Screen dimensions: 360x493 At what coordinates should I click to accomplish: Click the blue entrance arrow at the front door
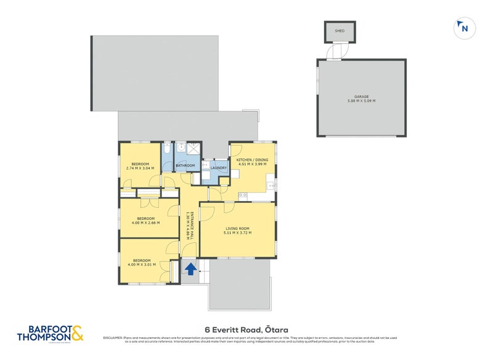pos(191,269)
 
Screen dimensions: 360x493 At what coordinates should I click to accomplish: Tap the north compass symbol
pos(464,27)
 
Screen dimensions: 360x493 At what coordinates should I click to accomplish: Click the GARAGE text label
pos(361,96)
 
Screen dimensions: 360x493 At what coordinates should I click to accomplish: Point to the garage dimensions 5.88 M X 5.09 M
pos(361,101)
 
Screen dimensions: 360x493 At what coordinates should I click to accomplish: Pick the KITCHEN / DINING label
pos(252,160)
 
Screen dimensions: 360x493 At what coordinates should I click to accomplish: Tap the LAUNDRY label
pos(219,168)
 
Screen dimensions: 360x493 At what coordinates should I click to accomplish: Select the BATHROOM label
pos(185,165)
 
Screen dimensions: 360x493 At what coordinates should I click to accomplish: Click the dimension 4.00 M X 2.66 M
pos(145,223)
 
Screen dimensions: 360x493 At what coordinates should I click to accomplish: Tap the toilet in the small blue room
pos(168,150)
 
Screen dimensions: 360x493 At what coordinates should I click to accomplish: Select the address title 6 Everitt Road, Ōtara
pos(246,330)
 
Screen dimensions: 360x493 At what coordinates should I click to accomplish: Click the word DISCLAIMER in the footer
pos(113,338)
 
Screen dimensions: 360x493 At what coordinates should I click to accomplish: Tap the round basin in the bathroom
pos(181,148)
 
